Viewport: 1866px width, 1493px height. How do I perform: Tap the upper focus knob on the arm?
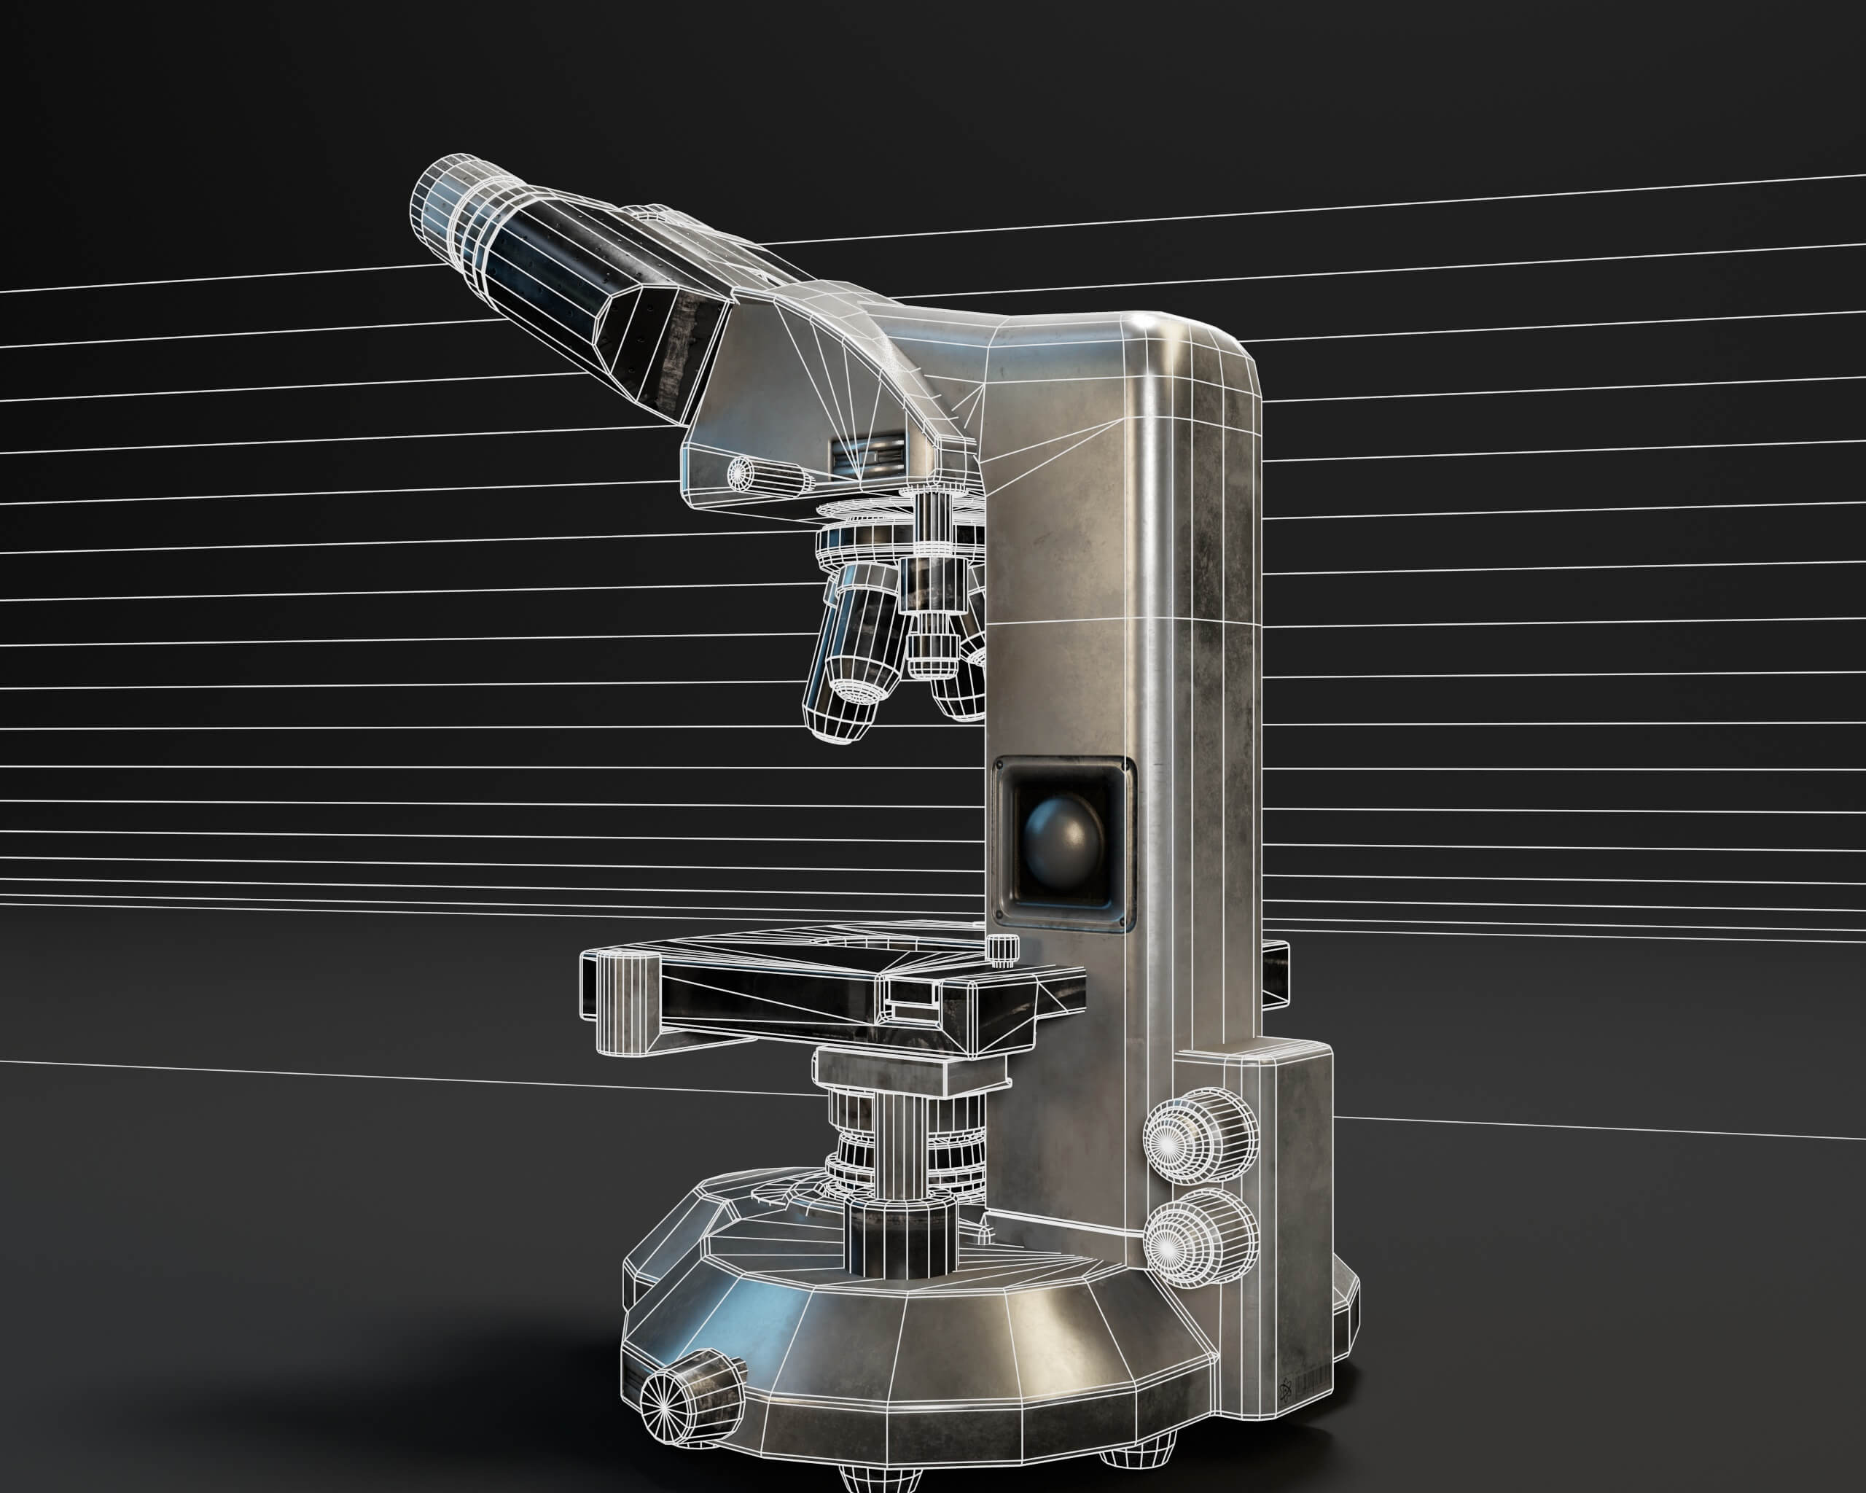(x=1201, y=1142)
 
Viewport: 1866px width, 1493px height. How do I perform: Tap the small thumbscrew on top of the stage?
(x=1002, y=948)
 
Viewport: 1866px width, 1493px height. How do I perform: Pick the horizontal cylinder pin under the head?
(x=770, y=475)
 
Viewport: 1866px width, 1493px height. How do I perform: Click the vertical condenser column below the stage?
(x=900, y=1151)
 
